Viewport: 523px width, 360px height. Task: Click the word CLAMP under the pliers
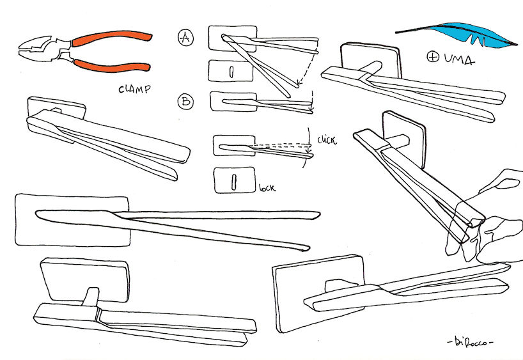point(134,90)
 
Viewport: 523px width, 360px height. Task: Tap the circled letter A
point(185,38)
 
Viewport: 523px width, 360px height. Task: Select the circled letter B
point(185,101)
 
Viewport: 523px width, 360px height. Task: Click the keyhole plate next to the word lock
point(234,180)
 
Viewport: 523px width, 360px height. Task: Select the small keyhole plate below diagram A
point(232,71)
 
